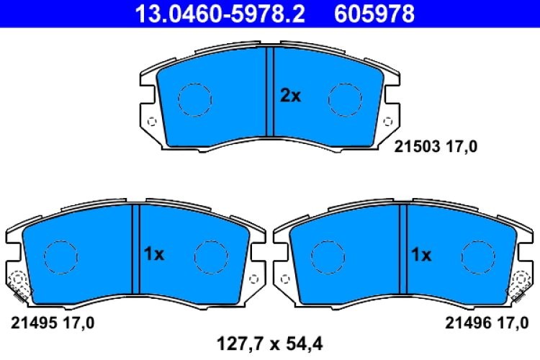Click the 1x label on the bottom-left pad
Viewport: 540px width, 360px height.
pos(154,253)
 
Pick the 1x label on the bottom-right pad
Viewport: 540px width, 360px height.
pos(420,254)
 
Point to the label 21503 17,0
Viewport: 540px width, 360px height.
pos(436,147)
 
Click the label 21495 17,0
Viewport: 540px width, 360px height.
pos(51,322)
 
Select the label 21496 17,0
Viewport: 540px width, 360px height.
pos(488,322)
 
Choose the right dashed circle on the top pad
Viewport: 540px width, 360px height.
pos(344,99)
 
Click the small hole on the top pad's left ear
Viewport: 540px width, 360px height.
pos(150,120)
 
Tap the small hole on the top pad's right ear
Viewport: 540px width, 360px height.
pos(389,120)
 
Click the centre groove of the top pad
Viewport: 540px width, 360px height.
pos(270,91)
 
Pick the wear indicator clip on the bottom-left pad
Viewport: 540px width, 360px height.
pos(18,286)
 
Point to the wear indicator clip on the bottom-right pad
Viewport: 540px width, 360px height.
pos(521,286)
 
